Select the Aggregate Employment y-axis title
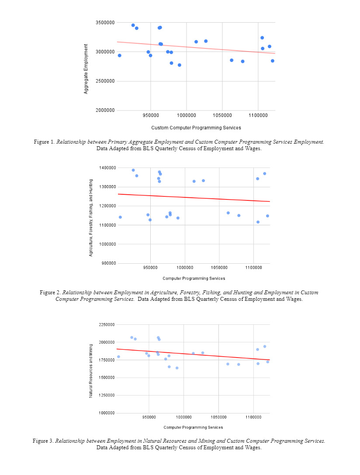(x=86, y=69)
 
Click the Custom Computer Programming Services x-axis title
(x=196, y=128)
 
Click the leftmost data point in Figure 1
(x=119, y=55)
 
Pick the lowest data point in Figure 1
(x=180, y=65)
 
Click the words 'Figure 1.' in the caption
(x=44, y=142)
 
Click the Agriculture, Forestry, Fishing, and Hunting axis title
(x=91, y=215)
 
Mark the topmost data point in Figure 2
(x=133, y=170)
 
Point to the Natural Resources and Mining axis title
(x=91, y=371)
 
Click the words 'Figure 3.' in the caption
(x=43, y=441)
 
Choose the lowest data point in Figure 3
(x=177, y=368)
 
